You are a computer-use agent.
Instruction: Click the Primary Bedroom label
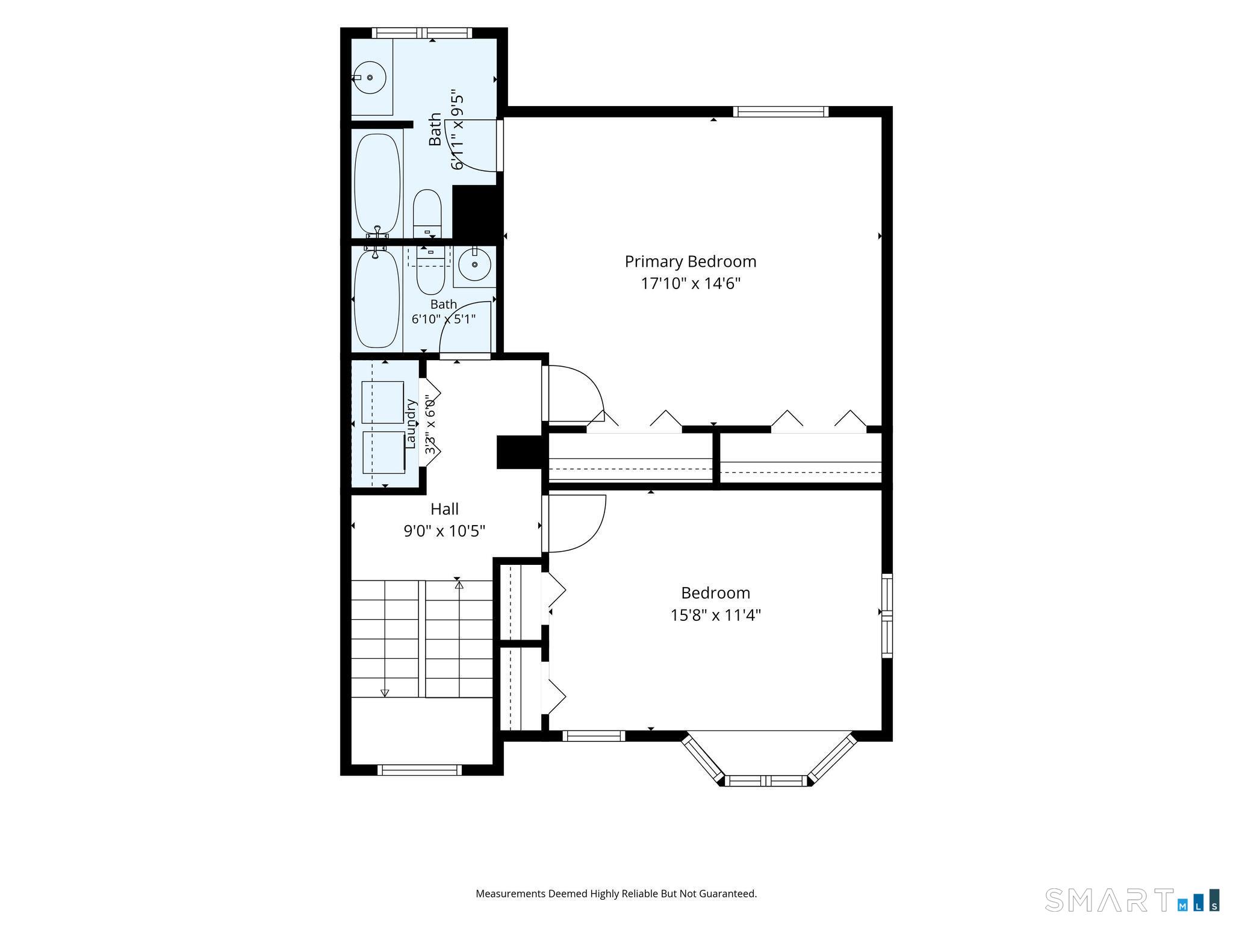(690, 261)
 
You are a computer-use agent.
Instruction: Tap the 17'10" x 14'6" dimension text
(690, 283)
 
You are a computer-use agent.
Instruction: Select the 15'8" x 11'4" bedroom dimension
(715, 615)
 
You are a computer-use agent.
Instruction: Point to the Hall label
(444, 509)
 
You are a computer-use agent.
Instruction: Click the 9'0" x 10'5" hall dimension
(444, 531)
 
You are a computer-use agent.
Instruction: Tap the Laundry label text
(411, 423)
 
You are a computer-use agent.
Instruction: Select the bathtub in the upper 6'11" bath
(377, 184)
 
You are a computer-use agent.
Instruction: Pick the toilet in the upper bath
(427, 214)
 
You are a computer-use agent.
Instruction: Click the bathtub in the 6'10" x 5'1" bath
(377, 299)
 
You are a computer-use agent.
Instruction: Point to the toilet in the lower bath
(430, 271)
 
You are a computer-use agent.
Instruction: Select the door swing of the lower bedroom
(575, 523)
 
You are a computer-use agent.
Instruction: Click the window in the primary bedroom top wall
(781, 111)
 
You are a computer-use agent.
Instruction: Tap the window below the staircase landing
(420, 770)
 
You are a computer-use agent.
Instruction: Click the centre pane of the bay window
(766, 781)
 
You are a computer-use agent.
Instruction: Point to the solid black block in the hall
(519, 452)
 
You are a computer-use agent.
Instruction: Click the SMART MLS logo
(1132, 900)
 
